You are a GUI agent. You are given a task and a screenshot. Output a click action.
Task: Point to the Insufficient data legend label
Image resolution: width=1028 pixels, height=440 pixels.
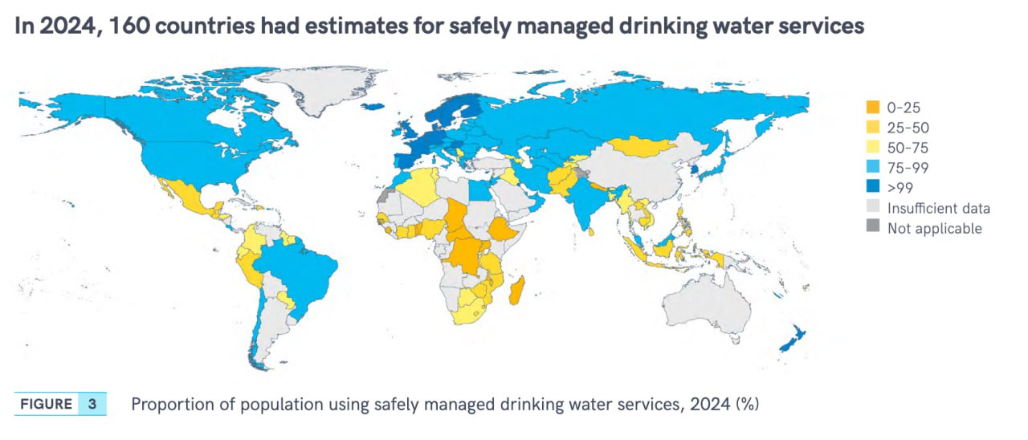(938, 208)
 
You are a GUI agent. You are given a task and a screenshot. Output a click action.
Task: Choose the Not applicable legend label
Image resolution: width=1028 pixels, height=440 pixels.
(934, 228)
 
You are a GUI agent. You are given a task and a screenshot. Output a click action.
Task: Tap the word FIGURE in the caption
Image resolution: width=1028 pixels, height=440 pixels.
(47, 404)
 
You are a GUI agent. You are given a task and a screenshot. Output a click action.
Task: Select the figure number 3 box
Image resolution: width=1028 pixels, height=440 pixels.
(92, 404)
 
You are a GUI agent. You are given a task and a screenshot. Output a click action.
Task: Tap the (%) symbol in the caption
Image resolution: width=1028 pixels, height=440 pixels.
(748, 404)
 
